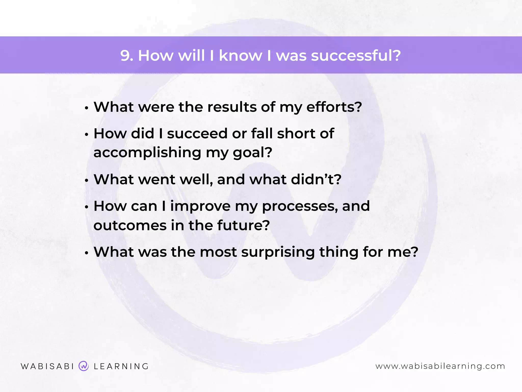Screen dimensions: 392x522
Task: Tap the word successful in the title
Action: point(356,55)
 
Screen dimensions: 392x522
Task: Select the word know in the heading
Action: point(240,55)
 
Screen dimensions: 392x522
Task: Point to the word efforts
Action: point(334,107)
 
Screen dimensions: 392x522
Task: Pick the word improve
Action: point(200,206)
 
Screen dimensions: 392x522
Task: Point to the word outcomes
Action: point(130,225)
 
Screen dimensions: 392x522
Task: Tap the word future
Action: point(243,225)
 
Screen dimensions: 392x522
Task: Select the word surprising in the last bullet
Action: point(278,252)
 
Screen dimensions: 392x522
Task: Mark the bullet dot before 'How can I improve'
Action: point(87,207)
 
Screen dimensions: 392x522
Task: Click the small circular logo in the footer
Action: point(84,366)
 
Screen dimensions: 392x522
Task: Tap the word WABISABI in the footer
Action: point(47,366)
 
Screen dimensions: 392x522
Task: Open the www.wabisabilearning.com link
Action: point(440,366)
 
